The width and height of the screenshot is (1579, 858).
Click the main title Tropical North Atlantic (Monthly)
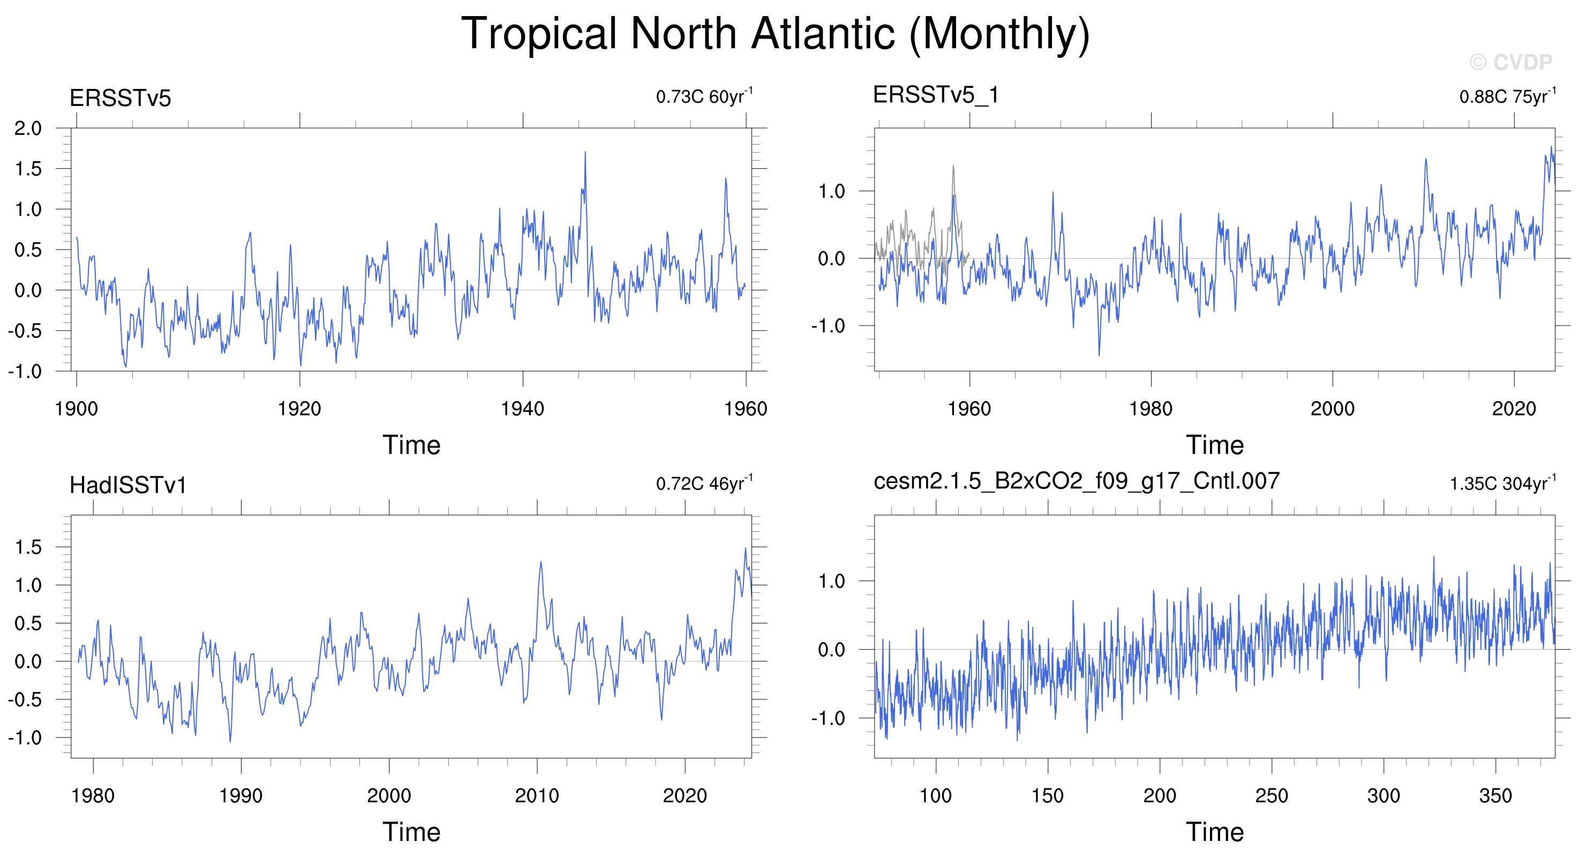coord(776,34)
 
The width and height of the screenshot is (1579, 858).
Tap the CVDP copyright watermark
coord(1511,62)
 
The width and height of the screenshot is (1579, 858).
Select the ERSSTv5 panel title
coord(120,98)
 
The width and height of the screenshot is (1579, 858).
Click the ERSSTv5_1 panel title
coord(936,95)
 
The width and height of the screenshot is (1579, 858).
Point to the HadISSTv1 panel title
coord(127,485)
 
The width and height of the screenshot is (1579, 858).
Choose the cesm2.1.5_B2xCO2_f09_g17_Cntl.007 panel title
coord(1077,481)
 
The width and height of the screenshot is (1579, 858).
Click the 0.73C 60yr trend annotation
coord(704,96)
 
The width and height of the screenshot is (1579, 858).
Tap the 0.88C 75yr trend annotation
coord(1507,96)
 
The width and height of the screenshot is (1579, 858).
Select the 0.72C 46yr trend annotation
coord(704,483)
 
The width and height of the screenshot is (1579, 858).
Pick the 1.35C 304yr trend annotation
coord(1502,483)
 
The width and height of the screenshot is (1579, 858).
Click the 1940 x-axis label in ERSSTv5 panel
coord(522,409)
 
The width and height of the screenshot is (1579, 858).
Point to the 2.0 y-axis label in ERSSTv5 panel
coord(28,129)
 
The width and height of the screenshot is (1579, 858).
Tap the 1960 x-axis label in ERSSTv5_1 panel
coord(969,409)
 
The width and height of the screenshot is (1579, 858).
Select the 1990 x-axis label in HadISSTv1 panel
coord(241,795)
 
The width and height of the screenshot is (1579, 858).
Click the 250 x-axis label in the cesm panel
coord(1272,795)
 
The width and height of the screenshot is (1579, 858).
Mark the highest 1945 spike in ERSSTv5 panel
coord(585,152)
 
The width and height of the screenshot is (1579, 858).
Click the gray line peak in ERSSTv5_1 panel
coord(953,165)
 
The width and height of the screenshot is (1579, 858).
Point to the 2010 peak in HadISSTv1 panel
coord(540,561)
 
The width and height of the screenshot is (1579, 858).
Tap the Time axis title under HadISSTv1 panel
coord(411,832)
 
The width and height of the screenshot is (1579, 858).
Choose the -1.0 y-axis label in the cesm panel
coord(828,718)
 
